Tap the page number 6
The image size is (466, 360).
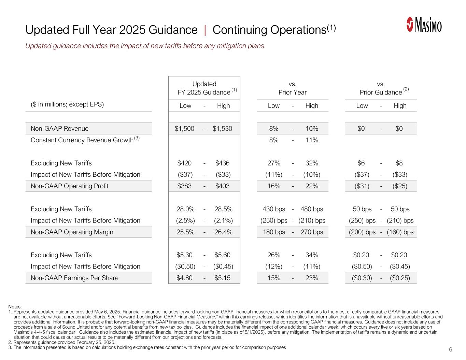point(451,349)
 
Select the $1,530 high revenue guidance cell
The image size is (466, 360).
point(222,129)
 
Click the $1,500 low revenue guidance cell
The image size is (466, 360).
point(184,129)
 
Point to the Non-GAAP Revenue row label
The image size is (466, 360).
point(59,129)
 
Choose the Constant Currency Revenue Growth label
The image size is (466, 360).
point(82,140)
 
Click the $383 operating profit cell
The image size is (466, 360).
point(184,186)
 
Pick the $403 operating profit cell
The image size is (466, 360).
point(222,186)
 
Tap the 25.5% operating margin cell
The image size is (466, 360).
point(185,232)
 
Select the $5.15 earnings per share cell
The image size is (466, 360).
point(222,278)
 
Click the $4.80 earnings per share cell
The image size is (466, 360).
point(184,278)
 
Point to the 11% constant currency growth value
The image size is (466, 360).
point(312,140)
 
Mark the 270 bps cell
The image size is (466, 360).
point(312,232)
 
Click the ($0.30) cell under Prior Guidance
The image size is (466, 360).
point(362,278)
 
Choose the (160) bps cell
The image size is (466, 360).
point(400,232)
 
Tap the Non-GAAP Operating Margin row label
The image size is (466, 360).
point(72,232)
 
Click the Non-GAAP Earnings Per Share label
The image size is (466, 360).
point(74,278)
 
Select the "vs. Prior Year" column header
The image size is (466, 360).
point(293,88)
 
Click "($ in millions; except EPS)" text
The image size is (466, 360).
point(65,104)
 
